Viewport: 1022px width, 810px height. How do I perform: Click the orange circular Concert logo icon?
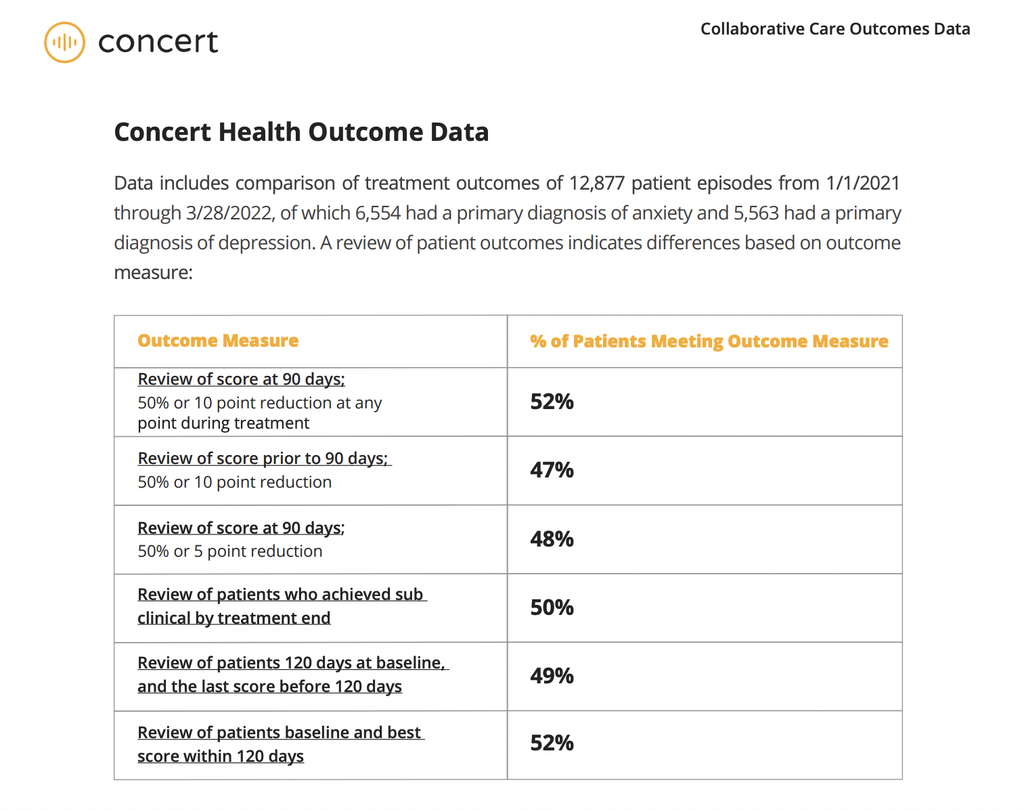[64, 43]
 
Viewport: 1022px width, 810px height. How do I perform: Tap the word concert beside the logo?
[158, 42]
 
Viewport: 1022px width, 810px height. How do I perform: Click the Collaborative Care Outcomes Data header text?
[835, 29]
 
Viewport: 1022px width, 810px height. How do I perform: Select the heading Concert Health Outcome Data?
[301, 132]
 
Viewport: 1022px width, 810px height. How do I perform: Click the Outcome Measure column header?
[218, 341]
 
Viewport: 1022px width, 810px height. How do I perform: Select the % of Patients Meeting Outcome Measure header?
[709, 341]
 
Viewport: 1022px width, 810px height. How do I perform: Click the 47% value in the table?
[552, 470]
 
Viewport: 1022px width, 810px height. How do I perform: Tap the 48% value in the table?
[552, 539]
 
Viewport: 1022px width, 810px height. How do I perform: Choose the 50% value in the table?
[552, 607]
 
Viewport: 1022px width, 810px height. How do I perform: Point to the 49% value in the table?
[552, 676]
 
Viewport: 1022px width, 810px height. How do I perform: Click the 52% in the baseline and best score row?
[552, 744]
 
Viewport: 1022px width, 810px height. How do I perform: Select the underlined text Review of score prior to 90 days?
[263, 459]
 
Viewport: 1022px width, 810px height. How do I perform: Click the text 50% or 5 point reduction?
[229, 551]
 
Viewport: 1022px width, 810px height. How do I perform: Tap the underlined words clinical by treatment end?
[234, 618]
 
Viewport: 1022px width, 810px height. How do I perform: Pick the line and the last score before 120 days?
[269, 687]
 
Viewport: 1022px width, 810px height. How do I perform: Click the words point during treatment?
[223, 423]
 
